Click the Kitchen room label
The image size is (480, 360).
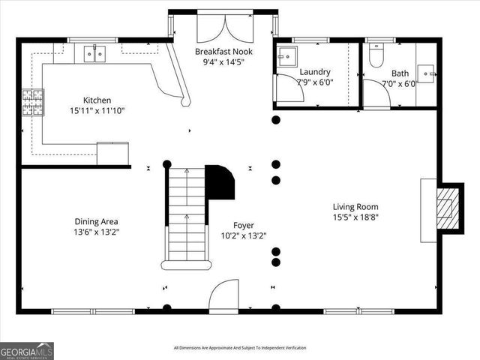(x=97, y=100)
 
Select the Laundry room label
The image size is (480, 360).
(x=314, y=72)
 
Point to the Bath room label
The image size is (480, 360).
(x=399, y=73)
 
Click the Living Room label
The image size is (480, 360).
(x=355, y=207)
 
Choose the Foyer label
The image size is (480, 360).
(x=242, y=225)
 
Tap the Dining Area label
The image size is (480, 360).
(x=96, y=221)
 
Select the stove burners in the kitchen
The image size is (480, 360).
(x=32, y=102)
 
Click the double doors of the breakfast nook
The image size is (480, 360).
(x=222, y=29)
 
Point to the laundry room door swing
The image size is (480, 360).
(x=289, y=88)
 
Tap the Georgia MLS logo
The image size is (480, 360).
(x=26, y=351)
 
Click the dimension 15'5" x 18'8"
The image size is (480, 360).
(x=355, y=217)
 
